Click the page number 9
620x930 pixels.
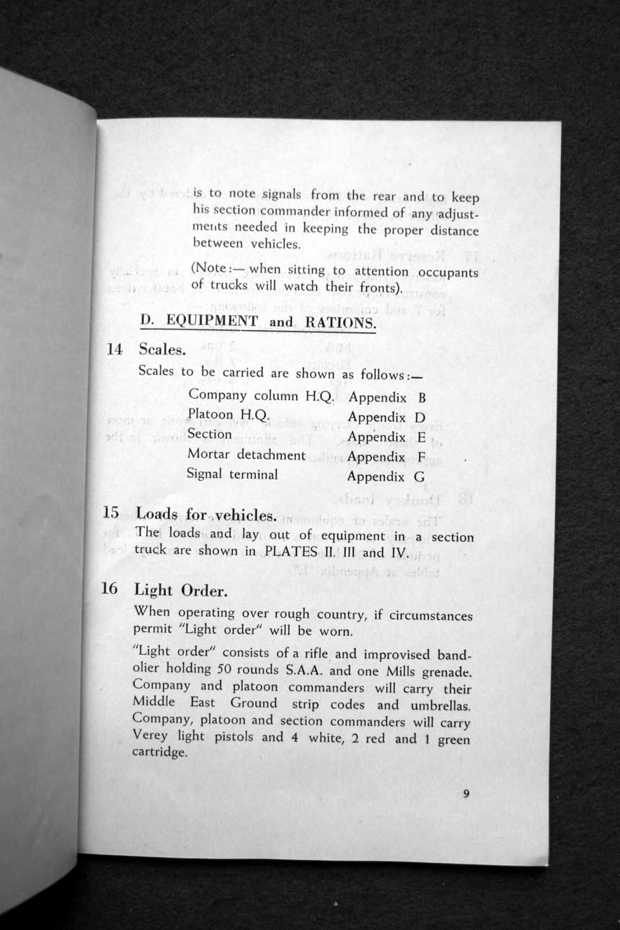pyautogui.click(x=466, y=794)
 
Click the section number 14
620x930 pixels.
pyautogui.click(x=114, y=350)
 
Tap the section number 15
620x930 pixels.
pyautogui.click(x=110, y=513)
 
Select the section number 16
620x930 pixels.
pyautogui.click(x=109, y=588)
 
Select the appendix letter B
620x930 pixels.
pyautogui.click(x=422, y=398)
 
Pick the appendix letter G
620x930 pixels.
pyautogui.click(x=419, y=477)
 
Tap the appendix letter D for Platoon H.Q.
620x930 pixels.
pyautogui.click(x=420, y=417)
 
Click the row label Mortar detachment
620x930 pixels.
pyautogui.click(x=246, y=455)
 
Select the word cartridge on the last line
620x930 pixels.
pyautogui.click(x=160, y=753)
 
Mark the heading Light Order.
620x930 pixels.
pyautogui.click(x=181, y=590)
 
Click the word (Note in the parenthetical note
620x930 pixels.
pyautogui.click(x=209, y=270)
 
